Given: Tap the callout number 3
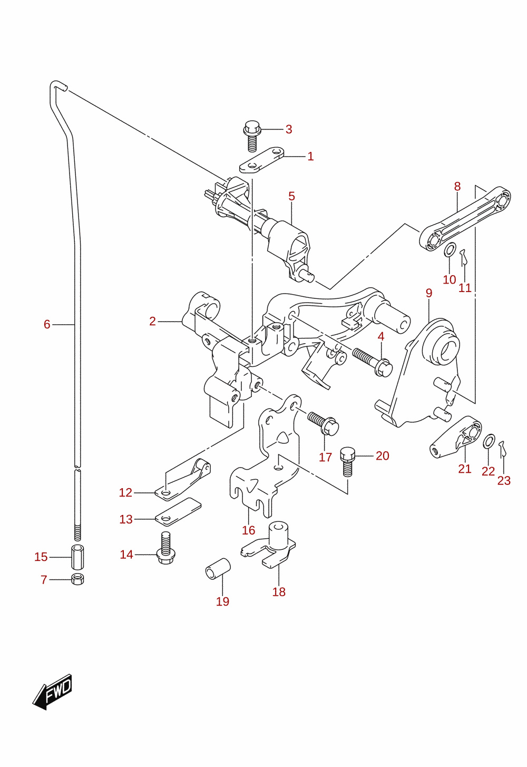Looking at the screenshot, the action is click(289, 130).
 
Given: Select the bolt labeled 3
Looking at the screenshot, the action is click(252, 135).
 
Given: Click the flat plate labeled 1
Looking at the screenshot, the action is click(262, 160).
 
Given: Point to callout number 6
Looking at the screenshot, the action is click(47, 324).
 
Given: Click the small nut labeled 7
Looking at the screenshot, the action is click(77, 579).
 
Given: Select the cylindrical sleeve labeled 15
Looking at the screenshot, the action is click(77, 557).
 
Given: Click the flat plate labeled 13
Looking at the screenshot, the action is click(178, 512).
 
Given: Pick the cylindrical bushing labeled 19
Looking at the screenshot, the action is click(218, 569).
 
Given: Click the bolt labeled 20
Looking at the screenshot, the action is click(347, 462).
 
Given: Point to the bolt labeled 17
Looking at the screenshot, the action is click(324, 423).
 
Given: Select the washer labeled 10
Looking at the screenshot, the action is click(450, 249).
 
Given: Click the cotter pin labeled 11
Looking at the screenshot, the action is click(463, 257).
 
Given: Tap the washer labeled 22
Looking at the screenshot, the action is click(489, 441).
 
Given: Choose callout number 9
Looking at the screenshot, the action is click(429, 293).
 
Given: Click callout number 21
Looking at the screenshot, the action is click(465, 469).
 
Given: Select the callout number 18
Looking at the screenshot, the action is click(279, 591).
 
